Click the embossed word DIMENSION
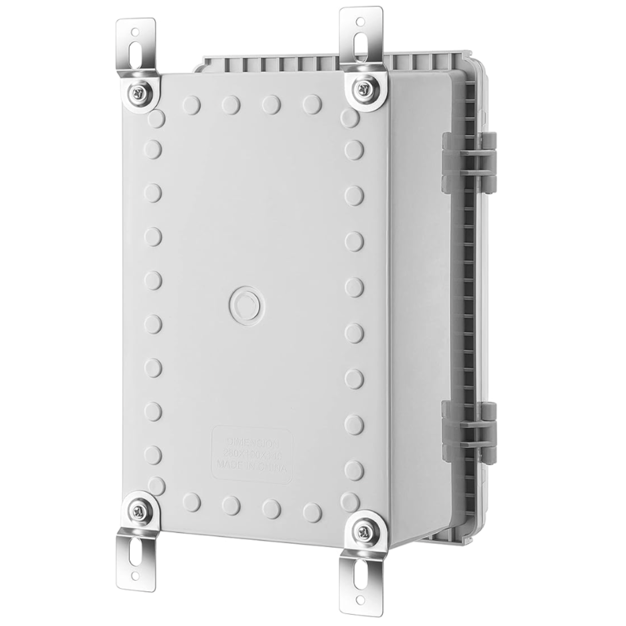[x=252, y=442]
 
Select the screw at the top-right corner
[x=362, y=88]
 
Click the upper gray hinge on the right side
[x=468, y=162]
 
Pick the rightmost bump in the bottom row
[x=312, y=509]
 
